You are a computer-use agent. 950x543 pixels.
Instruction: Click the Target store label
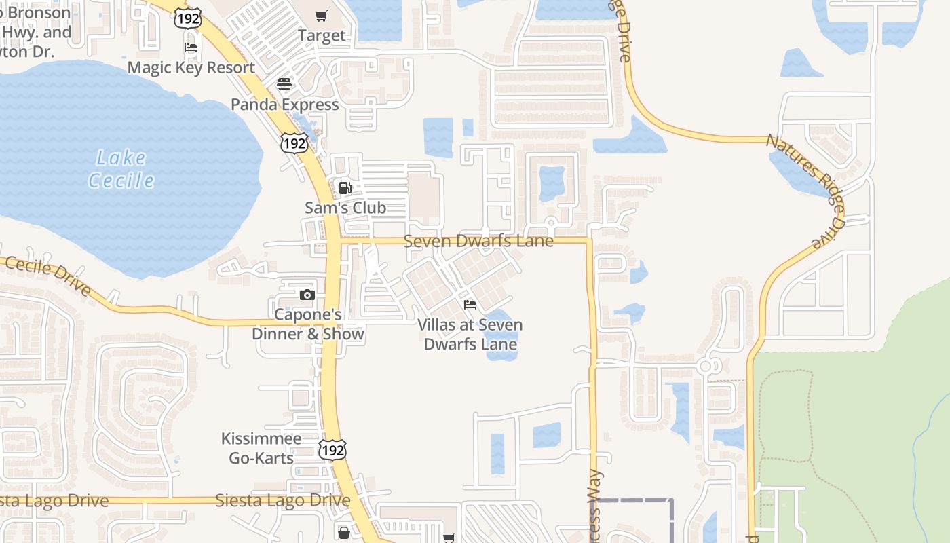(322, 35)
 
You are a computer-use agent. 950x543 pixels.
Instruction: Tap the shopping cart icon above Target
(322, 16)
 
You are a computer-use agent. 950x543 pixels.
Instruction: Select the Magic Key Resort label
(191, 68)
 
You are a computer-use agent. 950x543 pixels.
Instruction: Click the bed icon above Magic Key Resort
(191, 48)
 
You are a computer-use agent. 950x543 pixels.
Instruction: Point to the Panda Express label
(285, 105)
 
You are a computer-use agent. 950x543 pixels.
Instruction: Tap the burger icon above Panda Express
(284, 84)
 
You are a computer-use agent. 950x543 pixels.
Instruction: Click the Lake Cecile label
(121, 170)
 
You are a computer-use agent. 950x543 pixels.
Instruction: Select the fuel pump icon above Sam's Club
(345, 187)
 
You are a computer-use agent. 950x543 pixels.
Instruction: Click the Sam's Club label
(345, 208)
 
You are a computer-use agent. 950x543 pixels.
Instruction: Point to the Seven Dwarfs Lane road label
(478, 241)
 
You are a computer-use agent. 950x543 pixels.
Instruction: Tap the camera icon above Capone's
(307, 295)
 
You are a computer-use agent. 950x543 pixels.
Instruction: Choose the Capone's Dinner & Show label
(308, 324)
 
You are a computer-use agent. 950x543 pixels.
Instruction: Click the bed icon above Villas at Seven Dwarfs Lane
(470, 304)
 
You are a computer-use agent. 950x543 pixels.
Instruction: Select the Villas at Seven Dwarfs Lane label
(470, 334)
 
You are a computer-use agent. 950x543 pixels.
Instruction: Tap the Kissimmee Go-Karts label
(261, 448)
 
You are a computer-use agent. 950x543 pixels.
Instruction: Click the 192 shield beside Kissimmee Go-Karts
(332, 449)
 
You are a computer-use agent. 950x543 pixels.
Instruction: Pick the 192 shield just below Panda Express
(294, 143)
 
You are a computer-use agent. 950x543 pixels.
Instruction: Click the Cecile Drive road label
(47, 274)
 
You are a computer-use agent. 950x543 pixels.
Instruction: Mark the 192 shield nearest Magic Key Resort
(187, 18)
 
